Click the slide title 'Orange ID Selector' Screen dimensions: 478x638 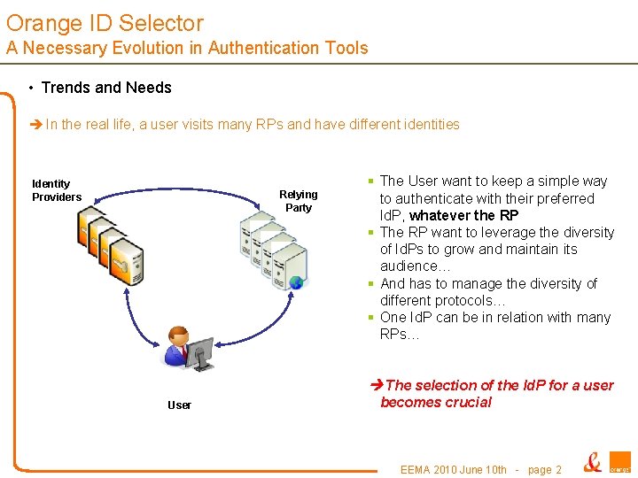(105, 24)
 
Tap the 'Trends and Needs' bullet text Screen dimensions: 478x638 (106, 88)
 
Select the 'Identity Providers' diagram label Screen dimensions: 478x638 (56, 190)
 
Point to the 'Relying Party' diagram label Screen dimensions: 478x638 (299, 201)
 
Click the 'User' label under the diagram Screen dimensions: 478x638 (179, 405)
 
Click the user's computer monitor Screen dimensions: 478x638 (199, 353)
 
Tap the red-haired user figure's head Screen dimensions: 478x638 (177, 336)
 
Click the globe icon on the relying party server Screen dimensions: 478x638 (296, 283)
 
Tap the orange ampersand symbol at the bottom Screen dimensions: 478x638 (592, 462)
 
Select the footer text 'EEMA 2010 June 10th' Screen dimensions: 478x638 (454, 470)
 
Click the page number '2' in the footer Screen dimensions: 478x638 (558, 470)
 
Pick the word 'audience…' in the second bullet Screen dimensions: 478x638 (416, 266)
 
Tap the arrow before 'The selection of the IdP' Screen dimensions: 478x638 (377, 385)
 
